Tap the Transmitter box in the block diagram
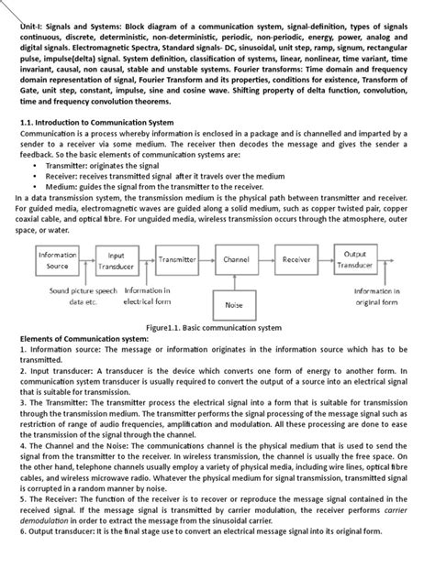(177, 260)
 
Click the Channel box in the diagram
(236, 260)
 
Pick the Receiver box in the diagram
(296, 260)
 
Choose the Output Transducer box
(355, 260)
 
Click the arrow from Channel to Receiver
(266, 260)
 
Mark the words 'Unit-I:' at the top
(36, 28)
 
